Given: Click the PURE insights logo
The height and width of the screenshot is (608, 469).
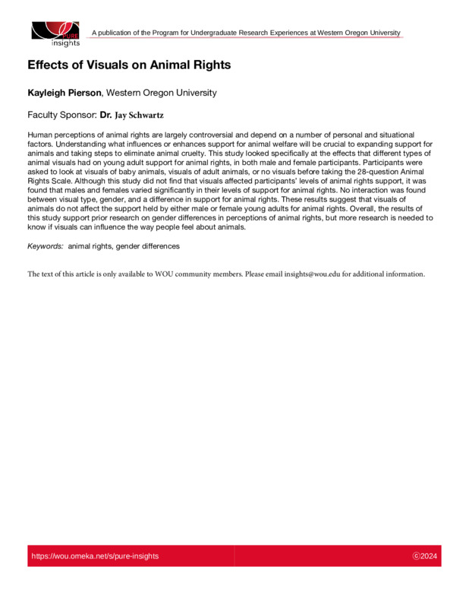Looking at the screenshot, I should point(55,33).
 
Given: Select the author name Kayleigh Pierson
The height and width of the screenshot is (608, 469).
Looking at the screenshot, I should point(64,93).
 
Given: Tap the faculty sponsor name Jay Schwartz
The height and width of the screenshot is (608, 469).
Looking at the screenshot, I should point(139,116).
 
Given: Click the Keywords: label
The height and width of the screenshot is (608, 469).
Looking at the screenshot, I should point(46,247).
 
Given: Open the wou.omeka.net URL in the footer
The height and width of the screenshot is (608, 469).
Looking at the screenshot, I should point(95,556).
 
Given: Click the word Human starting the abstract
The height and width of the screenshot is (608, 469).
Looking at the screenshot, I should point(40,133).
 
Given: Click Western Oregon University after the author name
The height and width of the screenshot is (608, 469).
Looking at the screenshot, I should point(162,93).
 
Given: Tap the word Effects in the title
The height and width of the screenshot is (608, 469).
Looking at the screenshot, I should point(48,65).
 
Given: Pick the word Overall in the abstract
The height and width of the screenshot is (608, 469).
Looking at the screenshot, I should point(338,209).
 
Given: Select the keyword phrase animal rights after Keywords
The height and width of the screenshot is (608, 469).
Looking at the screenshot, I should point(90,247).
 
